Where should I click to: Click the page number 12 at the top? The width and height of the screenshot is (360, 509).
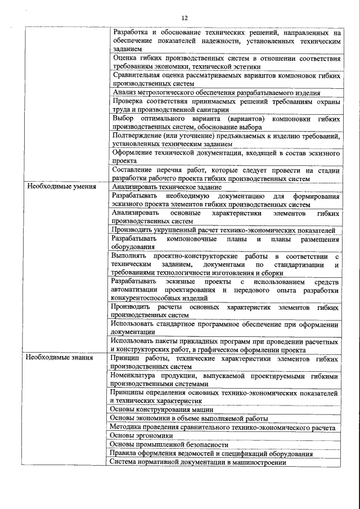point(184,17)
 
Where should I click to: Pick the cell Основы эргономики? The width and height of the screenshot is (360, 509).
point(141,435)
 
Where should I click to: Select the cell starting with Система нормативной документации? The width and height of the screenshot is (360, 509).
point(199,462)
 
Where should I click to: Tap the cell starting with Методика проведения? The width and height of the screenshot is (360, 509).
point(223,427)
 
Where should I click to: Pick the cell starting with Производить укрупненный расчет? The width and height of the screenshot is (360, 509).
point(223,230)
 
